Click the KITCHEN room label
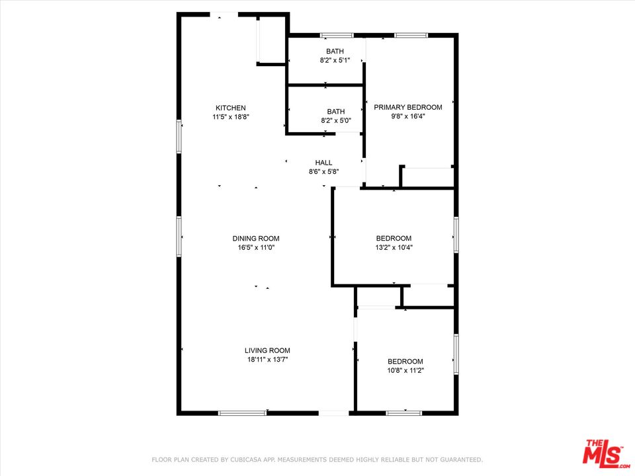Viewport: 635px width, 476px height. (230, 108)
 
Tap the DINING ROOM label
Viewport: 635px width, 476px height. (255, 239)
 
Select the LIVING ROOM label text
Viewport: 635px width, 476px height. (267, 350)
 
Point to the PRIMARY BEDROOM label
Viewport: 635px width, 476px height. (407, 107)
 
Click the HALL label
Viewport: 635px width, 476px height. (323, 163)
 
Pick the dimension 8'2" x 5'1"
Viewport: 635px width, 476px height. (335, 60)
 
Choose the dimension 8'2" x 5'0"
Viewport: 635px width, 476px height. (335, 120)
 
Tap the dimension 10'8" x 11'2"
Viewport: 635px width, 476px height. (405, 370)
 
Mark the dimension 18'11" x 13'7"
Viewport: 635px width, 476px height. (267, 360)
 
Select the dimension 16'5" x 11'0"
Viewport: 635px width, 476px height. (255, 247)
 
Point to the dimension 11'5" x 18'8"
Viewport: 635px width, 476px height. (230, 116)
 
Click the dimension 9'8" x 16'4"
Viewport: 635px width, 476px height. (407, 116)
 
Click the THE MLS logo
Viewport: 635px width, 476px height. (602, 454)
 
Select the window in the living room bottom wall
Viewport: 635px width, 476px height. (242, 413)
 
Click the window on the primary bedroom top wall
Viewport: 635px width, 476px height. (411, 35)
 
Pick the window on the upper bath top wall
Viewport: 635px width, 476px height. (337, 35)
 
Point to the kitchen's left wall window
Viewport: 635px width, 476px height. (179, 136)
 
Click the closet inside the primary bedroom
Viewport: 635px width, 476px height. (427, 177)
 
